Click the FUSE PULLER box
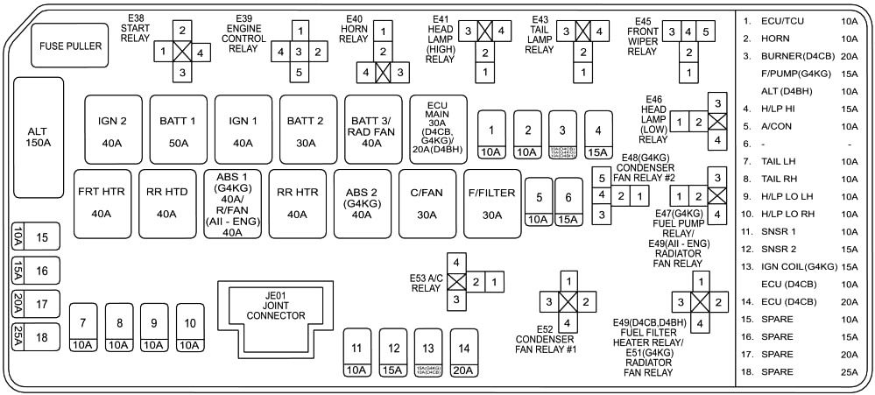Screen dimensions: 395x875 (70, 46)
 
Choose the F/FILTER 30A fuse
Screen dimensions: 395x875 (490, 202)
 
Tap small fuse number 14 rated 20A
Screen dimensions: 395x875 (463, 354)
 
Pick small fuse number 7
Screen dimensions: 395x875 (83, 328)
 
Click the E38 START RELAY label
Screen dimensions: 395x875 (136, 27)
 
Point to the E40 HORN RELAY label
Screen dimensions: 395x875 (354, 27)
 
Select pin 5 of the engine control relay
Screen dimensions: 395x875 (299, 72)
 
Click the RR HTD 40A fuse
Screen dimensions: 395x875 (166, 202)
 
